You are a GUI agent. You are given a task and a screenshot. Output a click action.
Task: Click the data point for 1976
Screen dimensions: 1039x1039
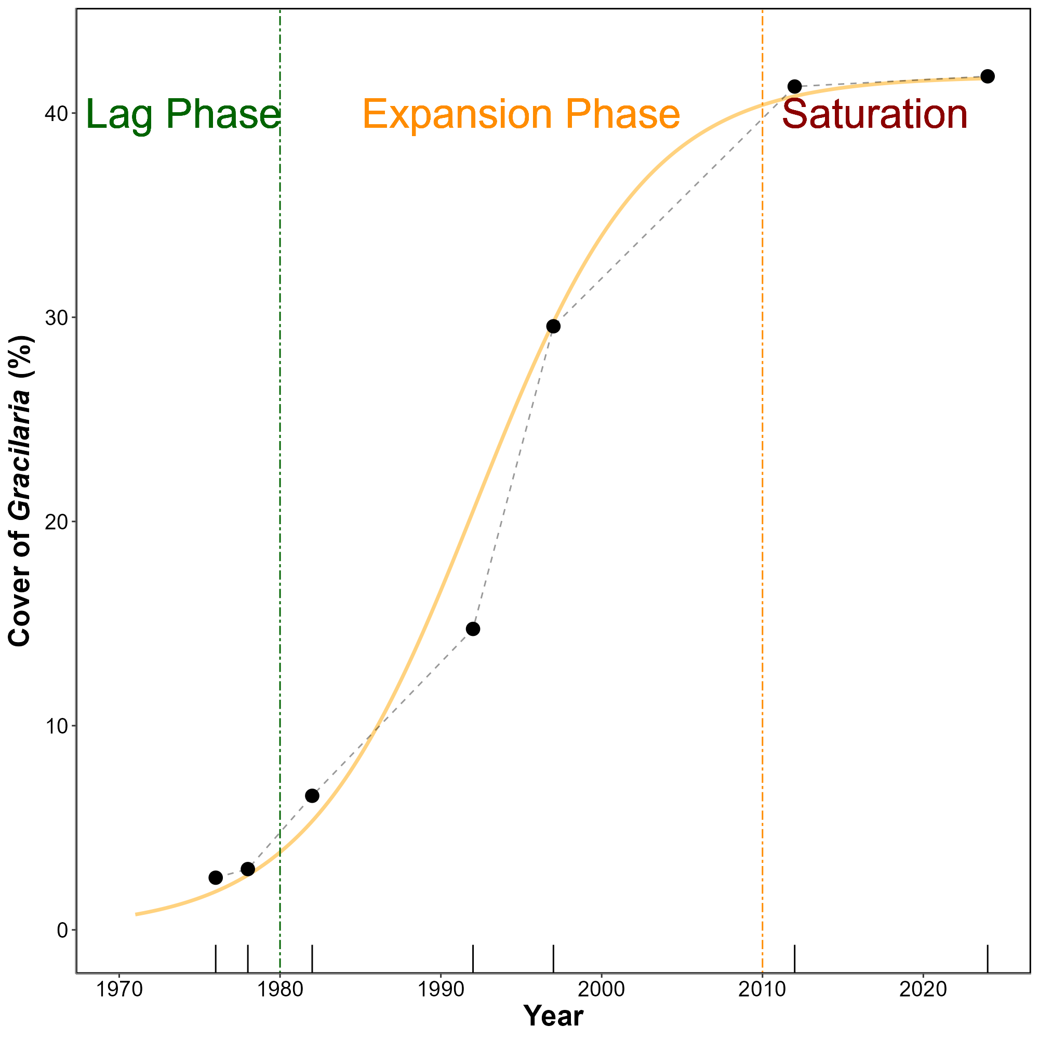tap(216, 877)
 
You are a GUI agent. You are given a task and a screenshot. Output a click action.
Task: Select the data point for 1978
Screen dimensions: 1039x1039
tap(248, 869)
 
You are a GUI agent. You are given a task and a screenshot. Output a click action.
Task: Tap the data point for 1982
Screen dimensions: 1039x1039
tap(312, 796)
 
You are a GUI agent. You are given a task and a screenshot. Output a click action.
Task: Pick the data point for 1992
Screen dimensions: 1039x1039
tap(473, 629)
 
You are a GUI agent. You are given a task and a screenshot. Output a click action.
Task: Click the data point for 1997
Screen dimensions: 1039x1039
tap(553, 326)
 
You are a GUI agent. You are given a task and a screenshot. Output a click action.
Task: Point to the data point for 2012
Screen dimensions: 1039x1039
tap(794, 87)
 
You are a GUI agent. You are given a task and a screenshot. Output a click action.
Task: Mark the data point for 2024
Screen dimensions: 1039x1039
tap(988, 76)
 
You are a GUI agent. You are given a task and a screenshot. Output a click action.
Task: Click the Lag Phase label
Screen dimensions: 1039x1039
tap(183, 114)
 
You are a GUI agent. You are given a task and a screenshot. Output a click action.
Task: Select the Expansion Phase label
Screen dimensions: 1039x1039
tap(521, 114)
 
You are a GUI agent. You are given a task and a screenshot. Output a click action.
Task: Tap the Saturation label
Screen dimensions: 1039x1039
tap(875, 114)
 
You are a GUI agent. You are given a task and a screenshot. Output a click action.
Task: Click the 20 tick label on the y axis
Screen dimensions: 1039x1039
tap(54, 522)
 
